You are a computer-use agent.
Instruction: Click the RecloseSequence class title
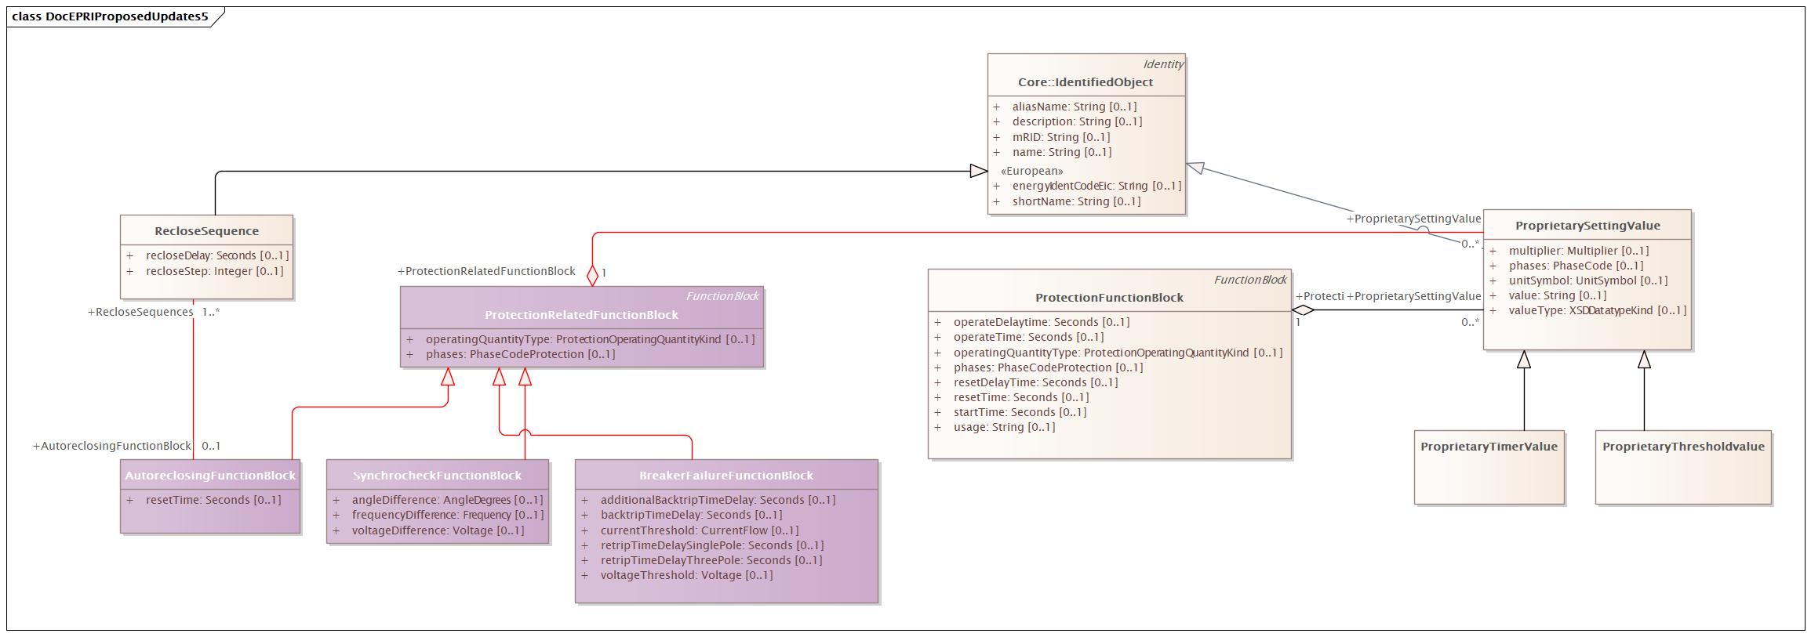206,231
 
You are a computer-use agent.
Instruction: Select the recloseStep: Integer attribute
214,271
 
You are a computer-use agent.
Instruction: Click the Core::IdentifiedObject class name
1085,82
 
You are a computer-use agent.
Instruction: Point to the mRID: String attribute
1060,137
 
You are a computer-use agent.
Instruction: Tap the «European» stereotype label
1031,171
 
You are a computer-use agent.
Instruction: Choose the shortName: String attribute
1075,201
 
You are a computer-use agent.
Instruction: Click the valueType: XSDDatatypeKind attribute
1596,310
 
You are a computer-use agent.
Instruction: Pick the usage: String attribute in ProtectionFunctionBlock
1004,427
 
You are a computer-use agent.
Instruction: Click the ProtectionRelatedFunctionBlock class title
581,315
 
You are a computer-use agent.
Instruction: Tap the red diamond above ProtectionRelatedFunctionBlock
592,275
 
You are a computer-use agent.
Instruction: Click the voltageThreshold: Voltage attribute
686,575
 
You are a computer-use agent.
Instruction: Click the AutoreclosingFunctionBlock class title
210,476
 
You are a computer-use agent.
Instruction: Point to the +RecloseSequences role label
140,312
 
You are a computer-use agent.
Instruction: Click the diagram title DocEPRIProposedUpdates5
110,16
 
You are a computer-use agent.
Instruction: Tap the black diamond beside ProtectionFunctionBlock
1303,309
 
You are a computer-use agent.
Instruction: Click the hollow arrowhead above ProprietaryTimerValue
1523,360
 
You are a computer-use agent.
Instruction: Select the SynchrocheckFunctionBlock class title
437,476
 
